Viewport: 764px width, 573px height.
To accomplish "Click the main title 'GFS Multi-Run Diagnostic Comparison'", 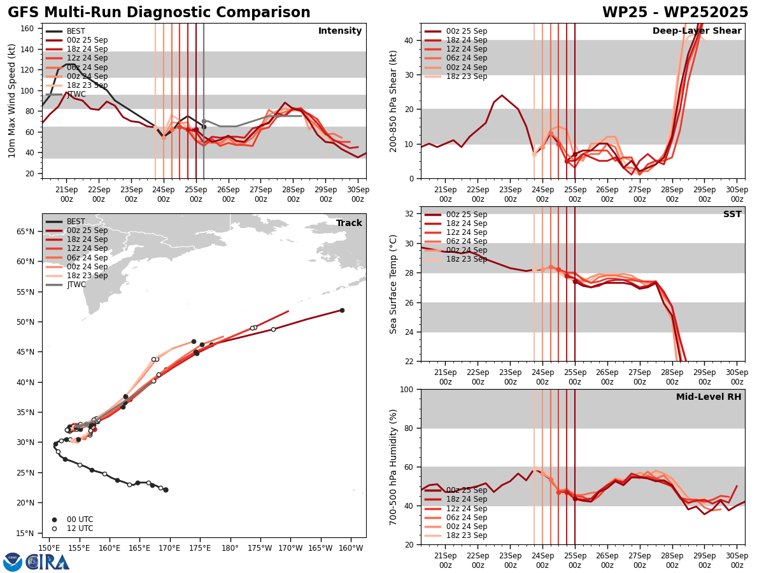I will tap(159, 13).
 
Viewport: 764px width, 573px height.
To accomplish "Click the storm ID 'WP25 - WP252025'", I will tap(675, 13).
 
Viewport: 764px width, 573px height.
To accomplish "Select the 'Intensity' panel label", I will tap(340, 31).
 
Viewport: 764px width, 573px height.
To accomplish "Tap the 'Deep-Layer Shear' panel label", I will tap(697, 31).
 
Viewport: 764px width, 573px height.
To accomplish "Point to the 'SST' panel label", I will tap(732, 215).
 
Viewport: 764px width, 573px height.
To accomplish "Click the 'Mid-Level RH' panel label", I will tap(709, 397).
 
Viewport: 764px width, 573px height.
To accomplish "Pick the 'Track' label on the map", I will tap(349, 223).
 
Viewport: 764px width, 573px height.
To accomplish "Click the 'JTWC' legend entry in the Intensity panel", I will tap(76, 94).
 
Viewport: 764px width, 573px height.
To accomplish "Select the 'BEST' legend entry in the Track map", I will tap(76, 222).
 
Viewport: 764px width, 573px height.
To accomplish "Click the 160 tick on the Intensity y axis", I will tap(28, 29).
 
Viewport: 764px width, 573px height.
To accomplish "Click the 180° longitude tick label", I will tap(230, 548).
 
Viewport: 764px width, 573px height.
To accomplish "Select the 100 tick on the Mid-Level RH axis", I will tap(406, 389).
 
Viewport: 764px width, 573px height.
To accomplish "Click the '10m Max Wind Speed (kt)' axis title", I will tap(12, 101).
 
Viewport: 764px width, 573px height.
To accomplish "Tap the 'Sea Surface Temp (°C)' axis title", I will tap(393, 284).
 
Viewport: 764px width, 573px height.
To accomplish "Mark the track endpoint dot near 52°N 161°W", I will tap(342, 311).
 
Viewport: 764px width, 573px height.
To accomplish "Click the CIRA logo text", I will tap(48, 562).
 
